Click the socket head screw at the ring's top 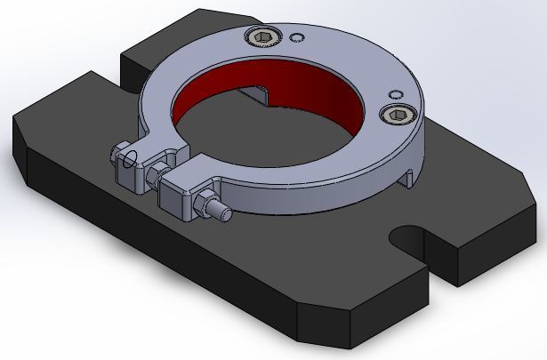click(x=263, y=36)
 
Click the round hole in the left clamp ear click(x=133, y=160)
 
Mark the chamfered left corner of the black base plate click(x=20, y=142)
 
